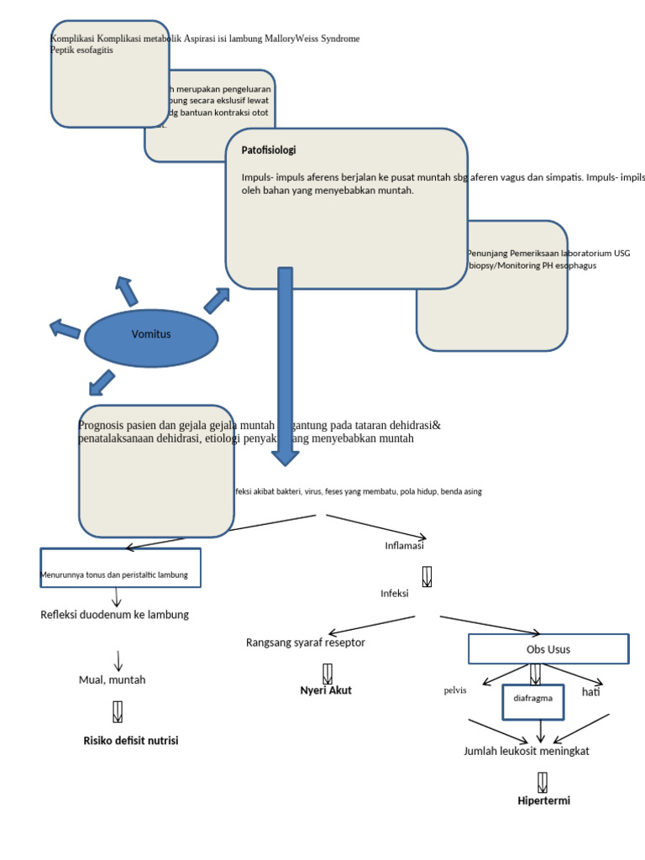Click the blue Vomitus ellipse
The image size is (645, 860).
(151, 335)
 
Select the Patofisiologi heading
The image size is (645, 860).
(269, 150)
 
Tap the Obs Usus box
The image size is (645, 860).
(548, 649)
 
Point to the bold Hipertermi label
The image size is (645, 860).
(543, 801)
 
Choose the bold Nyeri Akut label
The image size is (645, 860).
(326, 690)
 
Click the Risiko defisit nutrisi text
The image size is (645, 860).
(131, 741)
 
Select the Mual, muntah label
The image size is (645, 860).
(112, 679)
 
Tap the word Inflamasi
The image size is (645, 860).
(404, 545)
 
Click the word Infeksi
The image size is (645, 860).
(394, 593)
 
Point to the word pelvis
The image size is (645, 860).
(455, 691)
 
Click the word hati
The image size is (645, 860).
(591, 692)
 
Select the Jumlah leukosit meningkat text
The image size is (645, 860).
(527, 751)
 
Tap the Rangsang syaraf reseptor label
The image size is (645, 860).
(305, 642)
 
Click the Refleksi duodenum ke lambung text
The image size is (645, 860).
(115, 615)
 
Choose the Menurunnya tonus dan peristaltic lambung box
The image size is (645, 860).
(120, 569)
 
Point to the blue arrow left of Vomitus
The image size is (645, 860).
(65, 328)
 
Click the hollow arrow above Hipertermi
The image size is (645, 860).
(543, 781)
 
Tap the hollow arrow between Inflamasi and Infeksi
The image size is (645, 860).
(427, 576)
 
